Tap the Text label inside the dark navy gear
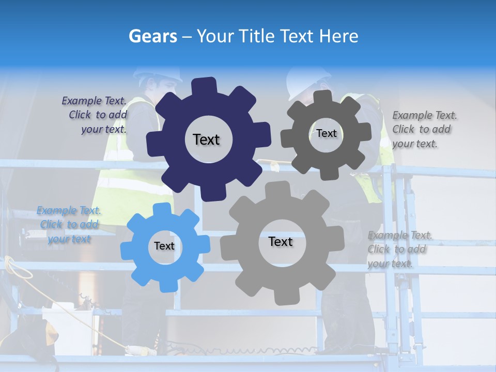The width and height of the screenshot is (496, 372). pyautogui.click(x=206, y=139)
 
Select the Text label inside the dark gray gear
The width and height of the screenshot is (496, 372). pyautogui.click(x=327, y=133)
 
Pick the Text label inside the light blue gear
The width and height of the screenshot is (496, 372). pyautogui.click(x=164, y=246)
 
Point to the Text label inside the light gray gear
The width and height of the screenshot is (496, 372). pyautogui.click(x=281, y=241)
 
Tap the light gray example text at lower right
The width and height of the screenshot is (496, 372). pyautogui.click(x=397, y=249)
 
